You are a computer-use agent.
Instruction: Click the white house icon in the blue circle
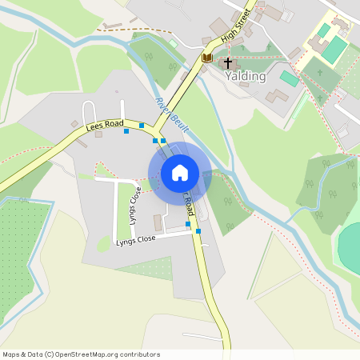pyautogui.click(x=180, y=173)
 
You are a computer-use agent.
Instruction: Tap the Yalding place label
pyautogui.click(x=245, y=76)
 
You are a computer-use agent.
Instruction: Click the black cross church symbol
pyautogui.click(x=228, y=62)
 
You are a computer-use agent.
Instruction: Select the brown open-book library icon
pyautogui.click(x=207, y=58)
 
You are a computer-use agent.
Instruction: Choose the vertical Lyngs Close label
pyautogui.click(x=135, y=206)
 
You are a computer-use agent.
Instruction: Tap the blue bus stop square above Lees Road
pyautogui.click(x=142, y=125)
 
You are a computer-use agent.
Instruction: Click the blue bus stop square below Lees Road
pyautogui.click(x=126, y=131)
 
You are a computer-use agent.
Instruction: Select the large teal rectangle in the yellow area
pyautogui.click(x=334, y=50)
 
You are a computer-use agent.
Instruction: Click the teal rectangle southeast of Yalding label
pyautogui.click(x=289, y=78)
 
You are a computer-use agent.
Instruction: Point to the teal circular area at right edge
pyautogui.click(x=350, y=248)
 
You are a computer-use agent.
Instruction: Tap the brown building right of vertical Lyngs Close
pyautogui.click(x=158, y=222)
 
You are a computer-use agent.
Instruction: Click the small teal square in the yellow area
pyautogui.click(x=323, y=30)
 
